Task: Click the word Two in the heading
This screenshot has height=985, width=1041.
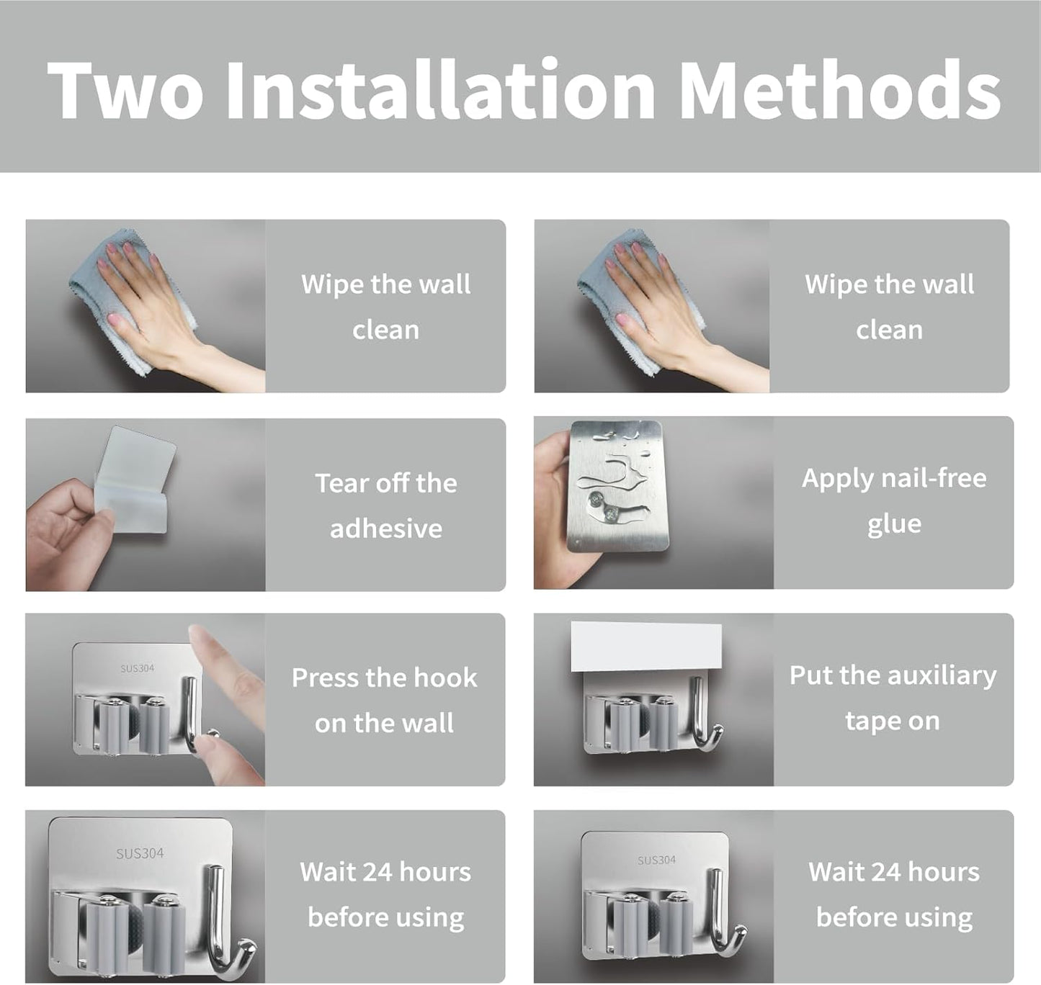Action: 125,90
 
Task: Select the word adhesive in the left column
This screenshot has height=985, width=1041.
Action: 386,529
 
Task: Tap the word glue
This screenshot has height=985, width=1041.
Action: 894,524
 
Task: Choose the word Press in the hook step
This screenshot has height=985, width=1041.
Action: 323,678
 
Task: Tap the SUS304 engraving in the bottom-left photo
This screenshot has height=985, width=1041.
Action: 140,853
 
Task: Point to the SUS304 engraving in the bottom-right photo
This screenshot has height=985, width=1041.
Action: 656,860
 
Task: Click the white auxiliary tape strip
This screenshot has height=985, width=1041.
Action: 646,647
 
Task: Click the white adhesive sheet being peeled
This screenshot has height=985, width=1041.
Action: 133,479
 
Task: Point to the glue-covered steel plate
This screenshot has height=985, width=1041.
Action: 617,485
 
